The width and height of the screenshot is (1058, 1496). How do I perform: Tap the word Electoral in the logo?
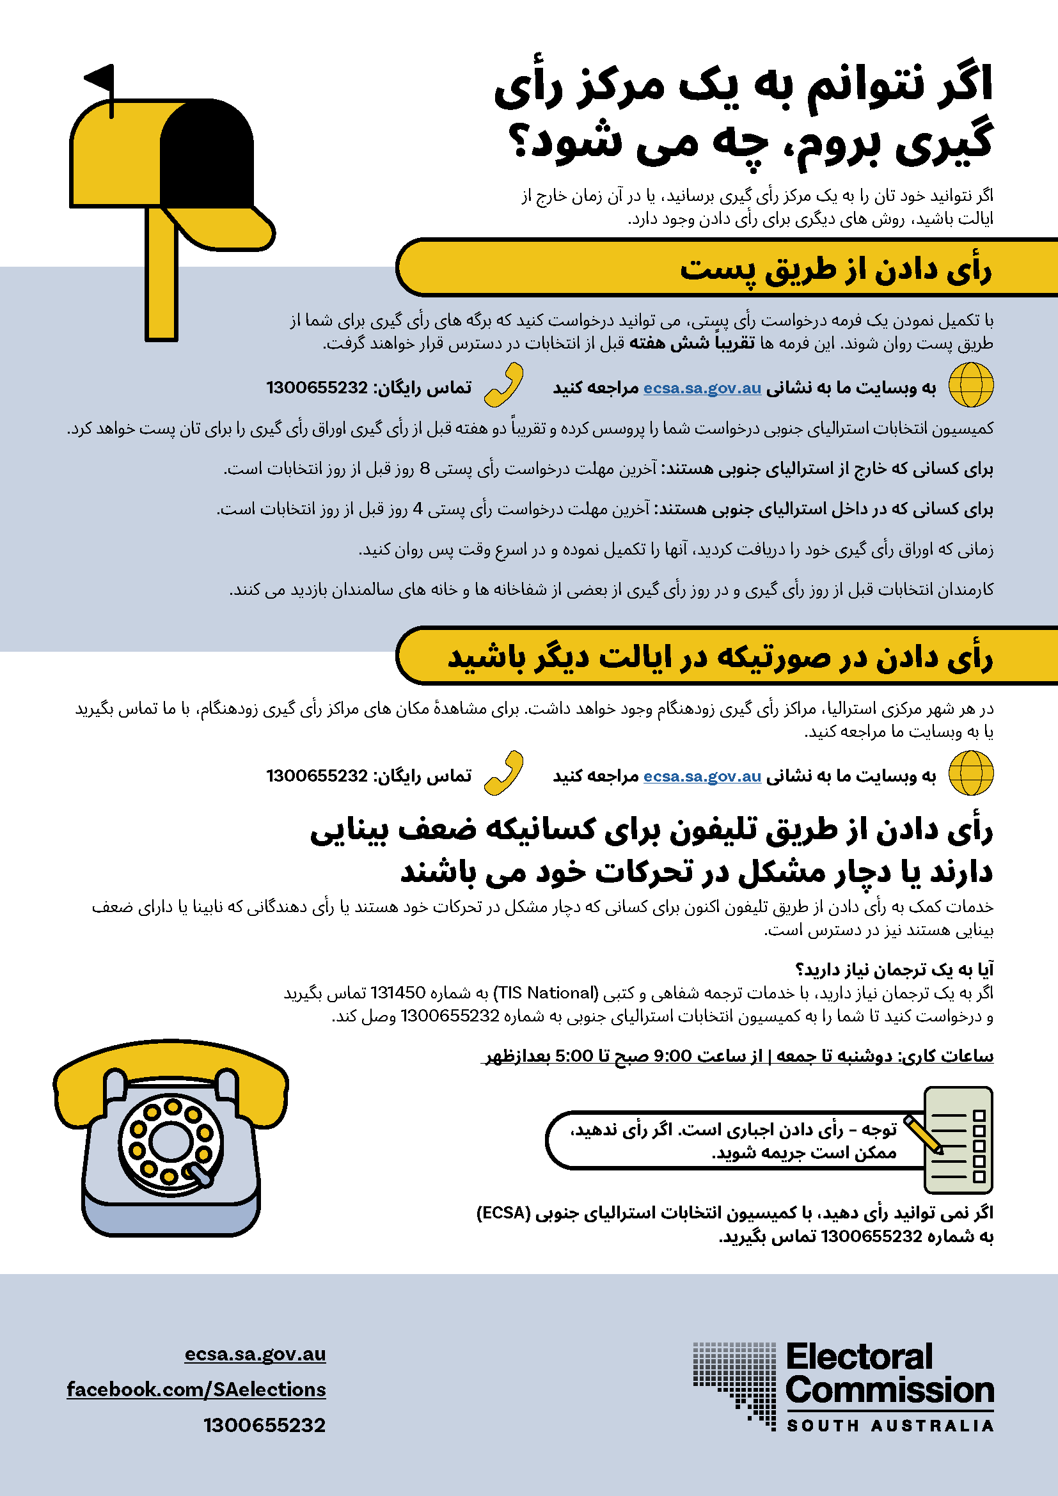(x=859, y=1357)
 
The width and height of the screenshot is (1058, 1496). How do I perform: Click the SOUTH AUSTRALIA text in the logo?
(x=890, y=1426)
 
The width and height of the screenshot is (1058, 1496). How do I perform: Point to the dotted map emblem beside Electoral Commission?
(x=735, y=1385)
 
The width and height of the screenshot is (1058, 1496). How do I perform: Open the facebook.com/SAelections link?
(x=196, y=1389)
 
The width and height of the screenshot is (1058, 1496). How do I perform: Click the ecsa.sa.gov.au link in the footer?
(x=255, y=1354)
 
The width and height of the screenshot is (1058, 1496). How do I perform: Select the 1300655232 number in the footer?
(x=265, y=1425)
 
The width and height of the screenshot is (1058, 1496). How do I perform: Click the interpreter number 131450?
(x=397, y=993)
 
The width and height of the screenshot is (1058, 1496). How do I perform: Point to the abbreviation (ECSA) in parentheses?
(x=503, y=1213)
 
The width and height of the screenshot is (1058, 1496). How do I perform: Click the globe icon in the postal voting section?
(x=971, y=385)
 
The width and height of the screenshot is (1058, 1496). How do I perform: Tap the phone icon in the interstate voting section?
(x=503, y=773)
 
